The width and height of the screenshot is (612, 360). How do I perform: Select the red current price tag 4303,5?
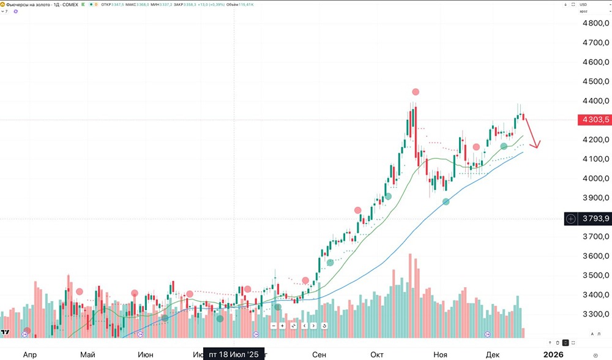pos(594,120)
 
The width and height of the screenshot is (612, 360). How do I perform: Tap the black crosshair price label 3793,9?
pos(594,219)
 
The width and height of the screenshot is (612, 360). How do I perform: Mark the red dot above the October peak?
pos(416,92)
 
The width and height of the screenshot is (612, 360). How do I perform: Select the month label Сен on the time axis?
pos(319,354)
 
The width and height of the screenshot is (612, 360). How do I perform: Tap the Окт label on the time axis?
pos(377,354)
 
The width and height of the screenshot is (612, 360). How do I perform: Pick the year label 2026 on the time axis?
pos(553,354)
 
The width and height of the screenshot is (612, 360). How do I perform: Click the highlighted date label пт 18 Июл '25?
pos(234,354)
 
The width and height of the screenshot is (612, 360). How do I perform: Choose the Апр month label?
pos(29,354)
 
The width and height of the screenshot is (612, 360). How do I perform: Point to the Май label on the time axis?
pos(88,354)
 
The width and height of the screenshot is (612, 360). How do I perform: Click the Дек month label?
pos(493,354)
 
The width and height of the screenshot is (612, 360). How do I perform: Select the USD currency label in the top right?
pos(583,4)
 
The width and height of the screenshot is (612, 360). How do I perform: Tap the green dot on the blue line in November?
pos(446,201)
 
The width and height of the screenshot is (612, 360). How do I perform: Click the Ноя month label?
pos(440,354)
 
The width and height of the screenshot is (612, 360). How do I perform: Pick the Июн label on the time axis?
pos(146,354)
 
